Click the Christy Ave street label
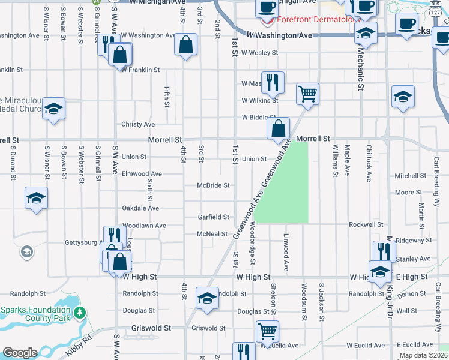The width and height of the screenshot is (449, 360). click(138, 124)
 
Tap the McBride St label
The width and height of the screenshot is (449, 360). click(213, 185)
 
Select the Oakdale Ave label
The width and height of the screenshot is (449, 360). click(140, 208)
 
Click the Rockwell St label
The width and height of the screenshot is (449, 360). click(366, 224)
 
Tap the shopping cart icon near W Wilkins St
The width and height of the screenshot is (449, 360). click(307, 94)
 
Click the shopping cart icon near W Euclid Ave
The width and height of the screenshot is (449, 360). click(267, 331)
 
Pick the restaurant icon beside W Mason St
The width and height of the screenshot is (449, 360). click(273, 82)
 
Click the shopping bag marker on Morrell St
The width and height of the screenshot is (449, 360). click(279, 128)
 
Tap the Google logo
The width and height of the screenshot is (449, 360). click(20, 353)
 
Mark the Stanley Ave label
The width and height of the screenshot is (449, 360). click(417, 259)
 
